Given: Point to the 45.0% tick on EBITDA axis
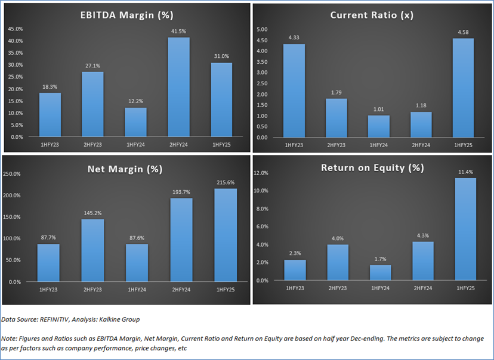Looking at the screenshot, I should tap(15, 29).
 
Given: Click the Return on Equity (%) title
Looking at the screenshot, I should tap(372, 167).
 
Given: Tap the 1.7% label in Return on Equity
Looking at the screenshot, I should tap(381, 259).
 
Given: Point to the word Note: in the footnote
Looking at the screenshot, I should tap(10, 338).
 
